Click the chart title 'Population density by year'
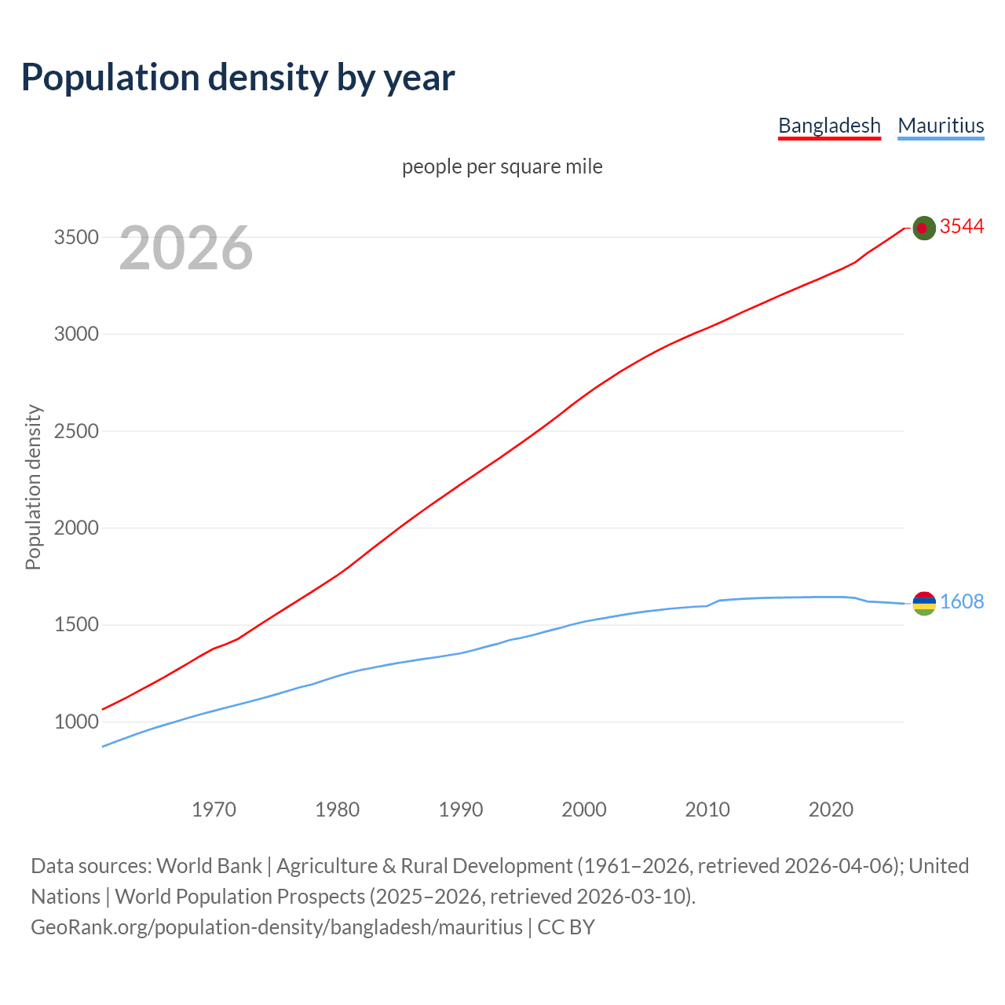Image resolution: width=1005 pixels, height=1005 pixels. (238, 77)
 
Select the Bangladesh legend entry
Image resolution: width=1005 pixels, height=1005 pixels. (829, 126)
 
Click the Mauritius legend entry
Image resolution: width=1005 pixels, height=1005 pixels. (941, 126)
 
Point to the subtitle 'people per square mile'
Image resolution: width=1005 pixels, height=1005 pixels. (502, 166)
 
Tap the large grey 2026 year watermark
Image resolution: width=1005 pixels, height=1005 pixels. (186, 248)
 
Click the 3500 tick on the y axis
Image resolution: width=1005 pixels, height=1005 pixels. (76, 237)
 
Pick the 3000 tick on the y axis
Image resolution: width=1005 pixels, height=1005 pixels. (76, 334)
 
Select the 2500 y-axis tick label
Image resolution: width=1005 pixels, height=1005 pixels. (76, 431)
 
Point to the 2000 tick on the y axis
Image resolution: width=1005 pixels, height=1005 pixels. (76, 528)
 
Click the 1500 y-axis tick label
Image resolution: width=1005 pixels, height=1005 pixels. (76, 625)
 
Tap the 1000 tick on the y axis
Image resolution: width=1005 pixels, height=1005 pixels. (76, 722)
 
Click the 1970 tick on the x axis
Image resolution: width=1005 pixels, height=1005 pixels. (214, 809)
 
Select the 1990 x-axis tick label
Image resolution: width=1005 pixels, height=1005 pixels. (461, 809)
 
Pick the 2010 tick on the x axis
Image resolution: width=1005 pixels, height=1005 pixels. (707, 809)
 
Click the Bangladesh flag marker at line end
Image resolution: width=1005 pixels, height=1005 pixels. (924, 228)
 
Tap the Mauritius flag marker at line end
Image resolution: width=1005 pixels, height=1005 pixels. (924, 603)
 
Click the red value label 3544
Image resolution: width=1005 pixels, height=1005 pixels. (962, 227)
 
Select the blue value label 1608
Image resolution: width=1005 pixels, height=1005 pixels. (962, 602)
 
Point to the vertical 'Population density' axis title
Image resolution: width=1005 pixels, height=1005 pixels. (33, 487)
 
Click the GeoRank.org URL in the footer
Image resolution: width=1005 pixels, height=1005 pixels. (276, 927)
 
